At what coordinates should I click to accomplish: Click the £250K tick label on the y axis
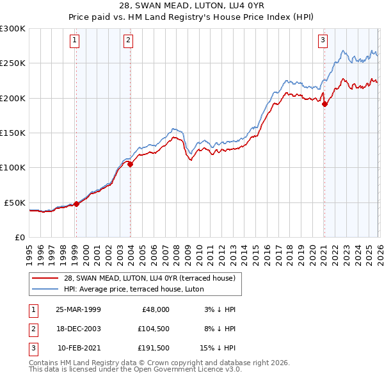[13, 63]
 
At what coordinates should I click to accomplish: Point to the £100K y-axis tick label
[13, 168]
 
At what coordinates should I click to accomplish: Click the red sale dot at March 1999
[77, 204]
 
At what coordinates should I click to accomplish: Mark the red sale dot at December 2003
[131, 165]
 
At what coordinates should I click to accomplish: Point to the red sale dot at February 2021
[324, 104]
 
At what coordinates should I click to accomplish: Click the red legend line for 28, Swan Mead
[45, 278]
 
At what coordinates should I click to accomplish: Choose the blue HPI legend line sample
[45, 289]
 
